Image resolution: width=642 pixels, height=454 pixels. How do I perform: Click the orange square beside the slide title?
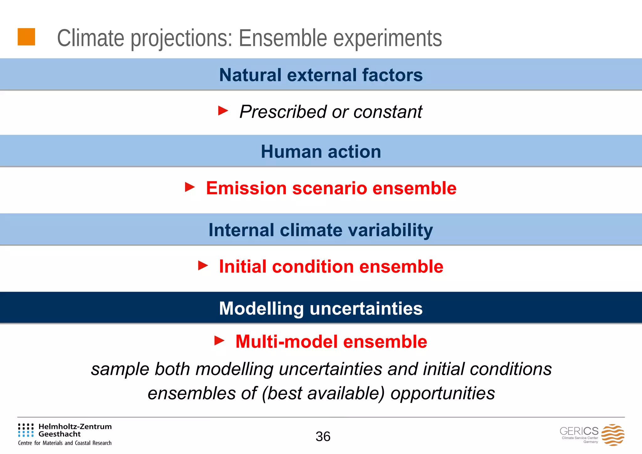[x=26, y=37]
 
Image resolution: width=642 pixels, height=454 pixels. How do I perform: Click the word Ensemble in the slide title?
[x=283, y=38]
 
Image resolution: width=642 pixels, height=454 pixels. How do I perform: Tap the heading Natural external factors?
[x=321, y=75]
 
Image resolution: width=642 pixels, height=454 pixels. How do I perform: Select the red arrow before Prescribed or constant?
[x=223, y=111]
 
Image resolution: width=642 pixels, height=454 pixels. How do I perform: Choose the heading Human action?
[x=321, y=152]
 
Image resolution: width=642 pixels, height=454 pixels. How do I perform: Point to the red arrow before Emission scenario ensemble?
[x=190, y=187]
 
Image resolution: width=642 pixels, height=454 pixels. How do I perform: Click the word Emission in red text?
[x=246, y=188]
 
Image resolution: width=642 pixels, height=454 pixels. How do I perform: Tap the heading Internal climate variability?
[x=321, y=230]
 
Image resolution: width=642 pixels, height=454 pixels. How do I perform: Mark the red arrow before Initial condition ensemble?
[x=203, y=266]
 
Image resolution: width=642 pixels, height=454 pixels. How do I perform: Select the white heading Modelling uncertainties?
[x=321, y=308]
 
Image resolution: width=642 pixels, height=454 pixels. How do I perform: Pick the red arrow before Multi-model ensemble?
[x=219, y=341]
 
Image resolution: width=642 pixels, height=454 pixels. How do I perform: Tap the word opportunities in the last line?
[x=443, y=394]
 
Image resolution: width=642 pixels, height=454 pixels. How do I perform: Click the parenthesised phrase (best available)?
[x=323, y=394]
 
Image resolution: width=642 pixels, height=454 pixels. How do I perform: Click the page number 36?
[x=323, y=436]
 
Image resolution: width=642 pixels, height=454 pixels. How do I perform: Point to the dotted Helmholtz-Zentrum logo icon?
[x=26, y=430]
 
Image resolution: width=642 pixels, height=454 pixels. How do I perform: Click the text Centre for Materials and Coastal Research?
[x=65, y=443]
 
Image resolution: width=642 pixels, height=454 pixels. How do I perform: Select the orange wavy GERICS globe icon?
[x=613, y=435]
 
